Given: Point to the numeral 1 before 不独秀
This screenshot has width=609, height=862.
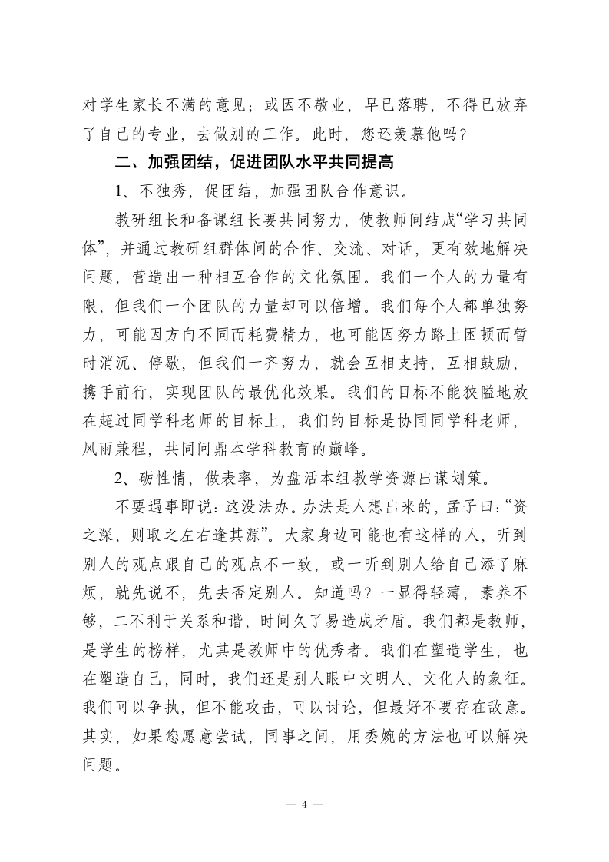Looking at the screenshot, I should (x=119, y=191).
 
